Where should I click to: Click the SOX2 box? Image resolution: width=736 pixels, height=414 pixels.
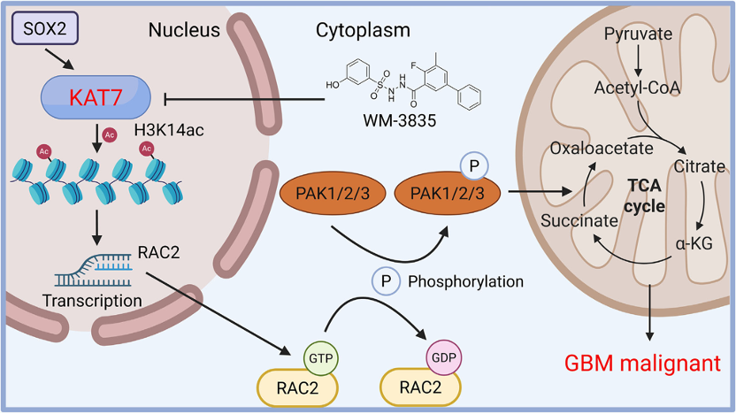(44, 28)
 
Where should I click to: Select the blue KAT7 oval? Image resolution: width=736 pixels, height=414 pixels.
(96, 97)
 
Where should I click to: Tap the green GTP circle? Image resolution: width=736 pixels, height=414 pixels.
(320, 358)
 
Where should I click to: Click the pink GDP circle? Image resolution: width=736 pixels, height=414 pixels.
(443, 357)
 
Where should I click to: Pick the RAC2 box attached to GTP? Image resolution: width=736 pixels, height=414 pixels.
(297, 388)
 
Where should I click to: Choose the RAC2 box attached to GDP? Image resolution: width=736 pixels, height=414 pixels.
(420, 387)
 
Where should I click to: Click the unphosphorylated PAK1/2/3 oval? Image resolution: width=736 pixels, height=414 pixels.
(333, 193)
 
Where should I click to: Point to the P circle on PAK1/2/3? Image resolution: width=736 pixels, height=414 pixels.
(474, 165)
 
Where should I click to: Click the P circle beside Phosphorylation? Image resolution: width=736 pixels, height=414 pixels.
(386, 281)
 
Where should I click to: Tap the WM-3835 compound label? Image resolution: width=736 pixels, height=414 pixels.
(400, 120)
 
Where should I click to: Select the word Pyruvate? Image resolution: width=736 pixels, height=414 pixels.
(638, 34)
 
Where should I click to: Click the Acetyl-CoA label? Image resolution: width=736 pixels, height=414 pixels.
(637, 88)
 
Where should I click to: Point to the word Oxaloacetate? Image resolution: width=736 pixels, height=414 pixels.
(602, 149)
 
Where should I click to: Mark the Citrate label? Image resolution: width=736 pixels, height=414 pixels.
(700, 166)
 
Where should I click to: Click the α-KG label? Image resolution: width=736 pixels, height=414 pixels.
(694, 243)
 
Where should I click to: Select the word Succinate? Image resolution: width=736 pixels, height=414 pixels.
(579, 220)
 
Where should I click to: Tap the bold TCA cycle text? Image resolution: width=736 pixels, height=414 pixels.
(645, 195)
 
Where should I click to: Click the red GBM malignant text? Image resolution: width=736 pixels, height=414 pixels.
(642, 364)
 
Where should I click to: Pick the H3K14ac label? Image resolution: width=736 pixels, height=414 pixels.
(169, 130)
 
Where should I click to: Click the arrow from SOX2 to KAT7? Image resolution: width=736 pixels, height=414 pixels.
(59, 59)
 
